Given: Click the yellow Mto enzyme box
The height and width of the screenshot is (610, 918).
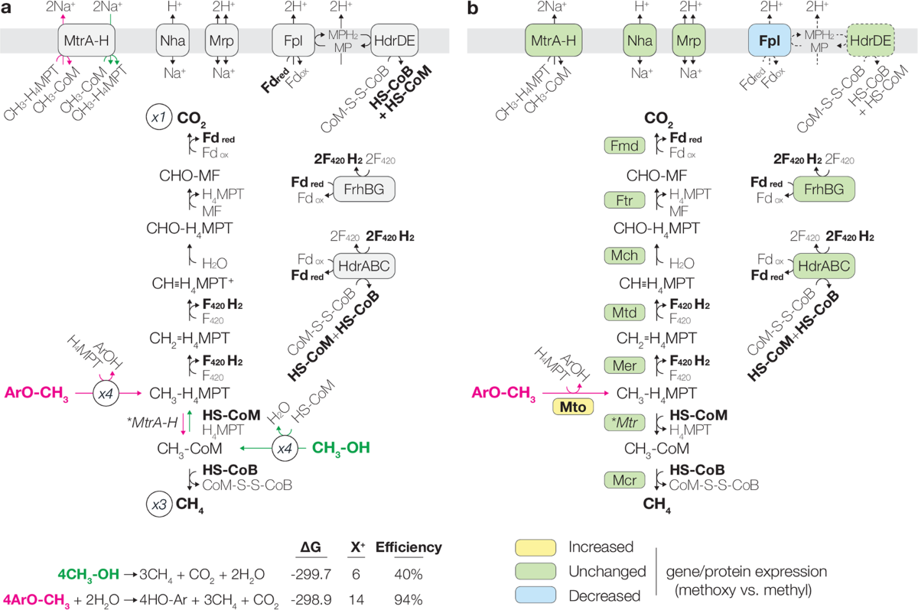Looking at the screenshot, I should click(x=574, y=407).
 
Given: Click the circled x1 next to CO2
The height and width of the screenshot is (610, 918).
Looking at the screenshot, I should click(x=158, y=119).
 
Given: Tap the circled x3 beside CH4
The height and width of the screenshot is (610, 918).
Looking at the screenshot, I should click(x=158, y=505).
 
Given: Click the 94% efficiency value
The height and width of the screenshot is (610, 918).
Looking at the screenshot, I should click(x=415, y=599).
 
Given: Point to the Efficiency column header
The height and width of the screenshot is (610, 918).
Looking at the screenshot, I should click(x=414, y=547).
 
